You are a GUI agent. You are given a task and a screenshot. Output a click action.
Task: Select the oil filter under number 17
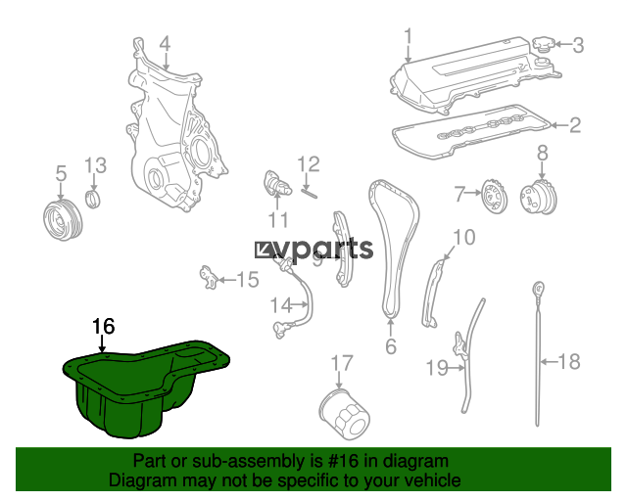click(345, 414)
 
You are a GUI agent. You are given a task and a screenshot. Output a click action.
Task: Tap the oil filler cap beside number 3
click(543, 44)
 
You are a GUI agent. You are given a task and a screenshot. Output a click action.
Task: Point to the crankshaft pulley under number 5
click(63, 220)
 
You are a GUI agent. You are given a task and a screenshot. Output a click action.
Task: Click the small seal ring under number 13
click(94, 199)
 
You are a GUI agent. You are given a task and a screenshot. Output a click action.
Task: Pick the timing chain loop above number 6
click(393, 248)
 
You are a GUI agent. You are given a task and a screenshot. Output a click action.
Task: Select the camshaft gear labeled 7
click(494, 196)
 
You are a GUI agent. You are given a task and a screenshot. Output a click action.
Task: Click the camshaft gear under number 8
click(539, 197)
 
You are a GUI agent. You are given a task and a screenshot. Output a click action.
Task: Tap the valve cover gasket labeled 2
click(471, 131)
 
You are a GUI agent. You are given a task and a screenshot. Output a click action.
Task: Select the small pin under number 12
click(310, 194)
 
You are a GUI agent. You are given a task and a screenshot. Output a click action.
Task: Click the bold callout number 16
click(104, 327)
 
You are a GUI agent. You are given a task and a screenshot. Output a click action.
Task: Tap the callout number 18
click(569, 362)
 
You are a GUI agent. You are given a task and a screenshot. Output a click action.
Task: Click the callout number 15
click(248, 279)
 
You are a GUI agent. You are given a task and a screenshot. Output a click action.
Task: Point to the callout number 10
click(463, 237)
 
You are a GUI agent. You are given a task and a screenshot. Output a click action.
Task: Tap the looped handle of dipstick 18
click(538, 290)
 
